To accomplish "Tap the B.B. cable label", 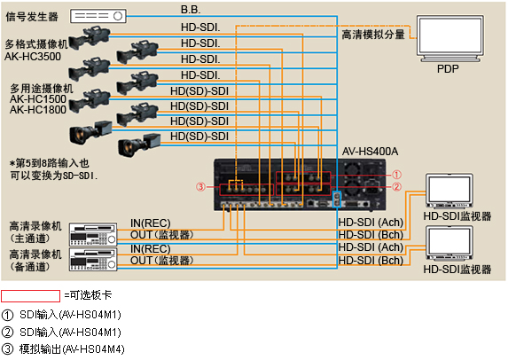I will click(x=191, y=10).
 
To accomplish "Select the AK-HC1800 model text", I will click(x=38, y=110).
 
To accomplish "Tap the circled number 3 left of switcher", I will click(x=202, y=186).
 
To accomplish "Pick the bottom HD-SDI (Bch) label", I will click(x=371, y=260).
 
